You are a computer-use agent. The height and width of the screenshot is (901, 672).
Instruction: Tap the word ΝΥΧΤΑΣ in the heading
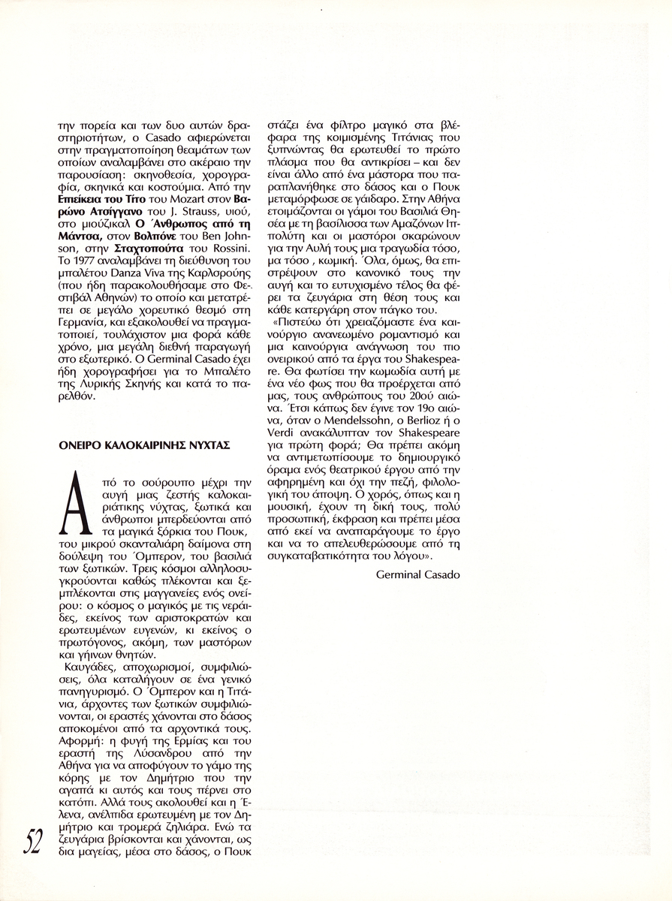[207, 444]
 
